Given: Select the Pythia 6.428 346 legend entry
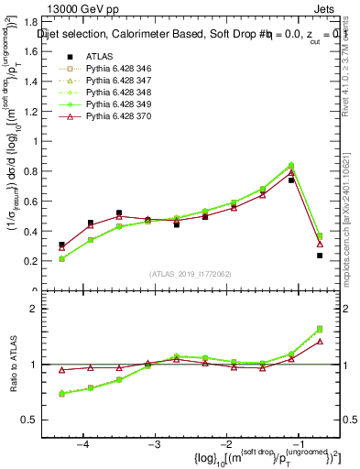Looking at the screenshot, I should pos(115,70).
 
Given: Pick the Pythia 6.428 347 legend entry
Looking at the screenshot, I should pos(115,82).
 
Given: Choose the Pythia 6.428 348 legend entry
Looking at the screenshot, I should pos(115,93).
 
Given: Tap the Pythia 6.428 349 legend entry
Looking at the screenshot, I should pos(115,105).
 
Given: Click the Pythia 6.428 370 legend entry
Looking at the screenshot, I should pos(115,117).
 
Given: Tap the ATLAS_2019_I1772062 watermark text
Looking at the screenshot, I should pos(191,275).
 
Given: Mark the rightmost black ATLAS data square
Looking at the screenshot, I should pos(320,256).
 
